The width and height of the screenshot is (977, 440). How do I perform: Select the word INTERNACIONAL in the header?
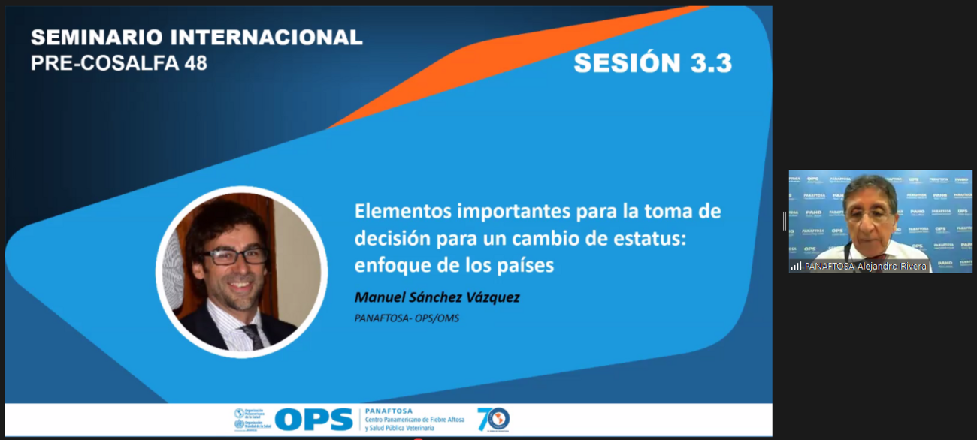coord(266,37)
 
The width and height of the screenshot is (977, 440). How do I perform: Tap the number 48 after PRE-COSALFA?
coord(195,63)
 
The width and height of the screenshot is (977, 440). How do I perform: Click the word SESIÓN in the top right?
coord(623,63)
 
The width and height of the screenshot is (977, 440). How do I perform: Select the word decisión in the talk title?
coord(389,238)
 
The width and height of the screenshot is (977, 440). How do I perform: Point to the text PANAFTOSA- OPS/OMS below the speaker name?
coord(407,318)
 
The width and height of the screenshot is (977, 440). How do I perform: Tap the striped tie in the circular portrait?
coord(252,335)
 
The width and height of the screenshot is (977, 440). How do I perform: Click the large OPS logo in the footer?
coord(313,419)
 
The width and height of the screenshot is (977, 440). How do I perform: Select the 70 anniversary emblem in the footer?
coord(493,419)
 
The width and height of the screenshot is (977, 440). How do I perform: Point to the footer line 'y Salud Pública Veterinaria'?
coord(400,428)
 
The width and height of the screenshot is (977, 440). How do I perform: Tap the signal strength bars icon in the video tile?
coord(796,266)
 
